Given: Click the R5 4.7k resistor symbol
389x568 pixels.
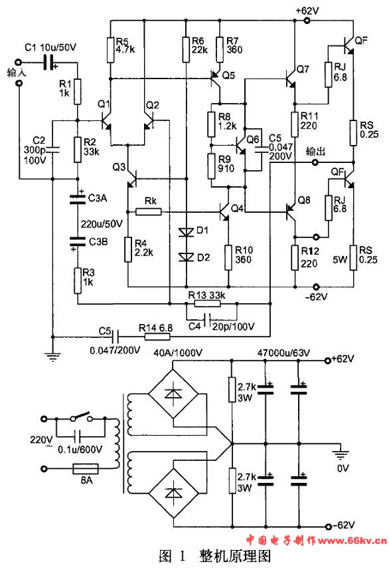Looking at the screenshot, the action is (111, 50).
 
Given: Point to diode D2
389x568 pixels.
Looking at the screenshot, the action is (186, 257).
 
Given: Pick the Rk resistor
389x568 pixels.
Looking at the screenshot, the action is (148, 212).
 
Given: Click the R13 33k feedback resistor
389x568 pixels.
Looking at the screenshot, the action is (207, 303).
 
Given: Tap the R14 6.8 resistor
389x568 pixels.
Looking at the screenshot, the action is (157, 337).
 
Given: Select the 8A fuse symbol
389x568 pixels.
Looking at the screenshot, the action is (86, 469).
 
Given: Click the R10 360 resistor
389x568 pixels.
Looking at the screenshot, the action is (228, 257).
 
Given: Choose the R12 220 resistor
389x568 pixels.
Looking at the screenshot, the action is (295, 257).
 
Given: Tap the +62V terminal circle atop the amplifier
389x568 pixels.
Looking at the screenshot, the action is (307, 21).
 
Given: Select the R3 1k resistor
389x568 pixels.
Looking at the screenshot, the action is (78, 281).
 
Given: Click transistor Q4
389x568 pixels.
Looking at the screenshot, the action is (224, 212).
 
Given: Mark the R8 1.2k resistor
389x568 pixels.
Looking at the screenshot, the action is (212, 124).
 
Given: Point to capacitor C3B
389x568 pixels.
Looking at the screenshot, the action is (77, 241).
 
